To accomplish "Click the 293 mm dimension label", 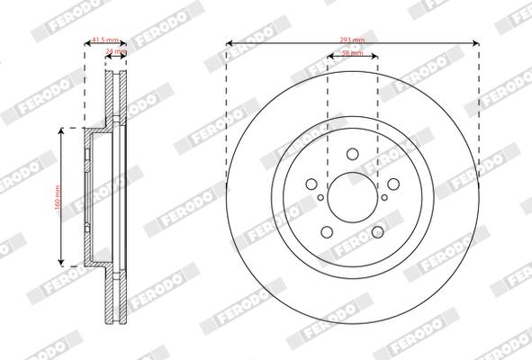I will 352,39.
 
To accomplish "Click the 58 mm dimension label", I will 352,55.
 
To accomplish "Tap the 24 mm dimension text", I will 116,51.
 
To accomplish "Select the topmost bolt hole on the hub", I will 352,154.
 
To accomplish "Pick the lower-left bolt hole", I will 327,230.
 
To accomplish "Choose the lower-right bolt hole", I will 377,230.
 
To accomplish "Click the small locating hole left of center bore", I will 320,196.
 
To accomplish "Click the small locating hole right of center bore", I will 384,196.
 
